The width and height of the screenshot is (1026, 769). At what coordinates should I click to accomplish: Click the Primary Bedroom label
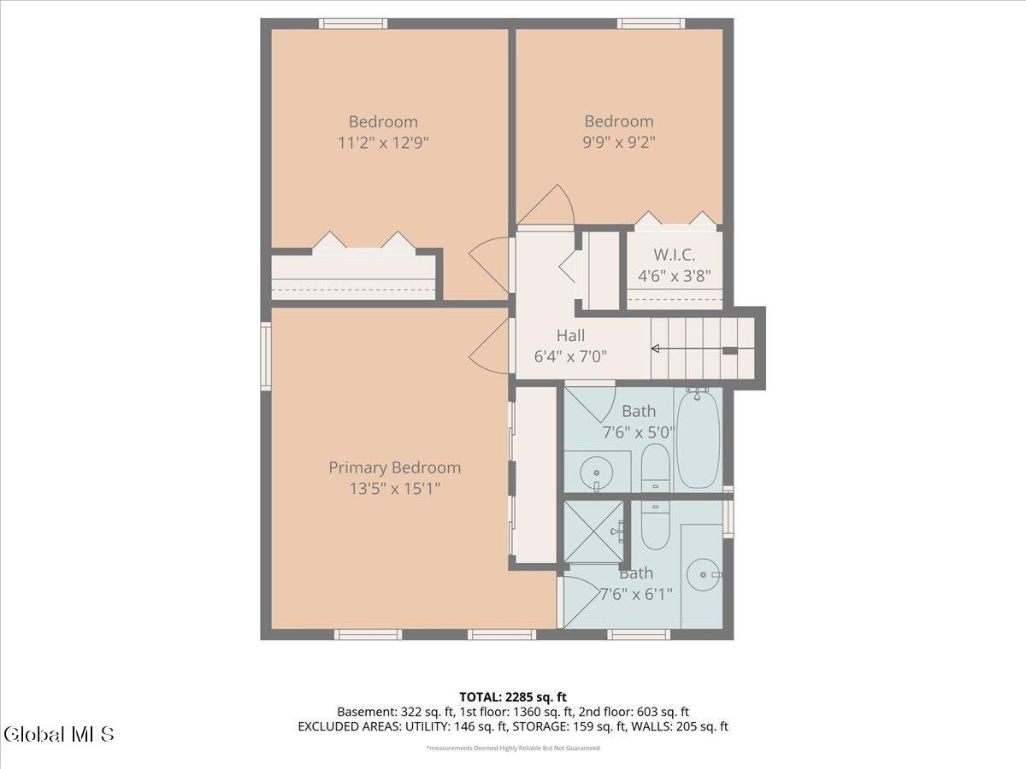pos(394,468)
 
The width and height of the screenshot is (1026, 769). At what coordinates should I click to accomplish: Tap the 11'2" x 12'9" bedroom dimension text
pos(383,143)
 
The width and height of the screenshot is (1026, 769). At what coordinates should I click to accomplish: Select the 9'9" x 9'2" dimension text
pos(619,142)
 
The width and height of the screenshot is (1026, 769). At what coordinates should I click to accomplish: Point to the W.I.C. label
pos(675,255)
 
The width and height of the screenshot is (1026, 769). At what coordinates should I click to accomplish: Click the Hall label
pos(571,335)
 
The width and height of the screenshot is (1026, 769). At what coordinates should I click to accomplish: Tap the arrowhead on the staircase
pos(655,349)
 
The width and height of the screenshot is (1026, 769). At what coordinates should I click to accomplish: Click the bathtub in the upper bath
pos(699,438)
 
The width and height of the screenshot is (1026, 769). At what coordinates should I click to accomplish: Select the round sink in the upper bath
pos(597,473)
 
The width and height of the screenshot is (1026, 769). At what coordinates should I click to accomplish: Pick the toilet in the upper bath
pos(655,467)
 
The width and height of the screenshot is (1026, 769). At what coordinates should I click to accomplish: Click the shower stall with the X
pos(593,531)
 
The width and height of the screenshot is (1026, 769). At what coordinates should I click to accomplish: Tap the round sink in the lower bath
pos(703,575)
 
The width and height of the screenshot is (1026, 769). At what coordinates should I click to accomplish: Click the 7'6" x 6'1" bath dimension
pos(636,595)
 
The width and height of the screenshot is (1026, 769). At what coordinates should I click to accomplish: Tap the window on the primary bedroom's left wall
pos(266,356)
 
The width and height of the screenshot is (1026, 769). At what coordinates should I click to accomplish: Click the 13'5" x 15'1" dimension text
pos(395,489)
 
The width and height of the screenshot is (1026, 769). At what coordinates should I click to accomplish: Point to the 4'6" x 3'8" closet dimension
pos(675,276)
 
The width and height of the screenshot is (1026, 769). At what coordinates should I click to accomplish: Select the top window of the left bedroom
pos(353,23)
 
